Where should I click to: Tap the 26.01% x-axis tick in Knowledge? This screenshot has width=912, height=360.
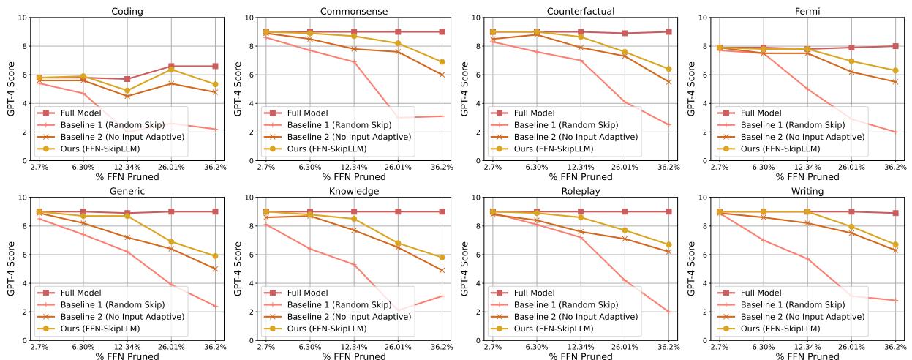coord(398,348)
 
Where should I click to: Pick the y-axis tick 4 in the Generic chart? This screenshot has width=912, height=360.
coord(25,283)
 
